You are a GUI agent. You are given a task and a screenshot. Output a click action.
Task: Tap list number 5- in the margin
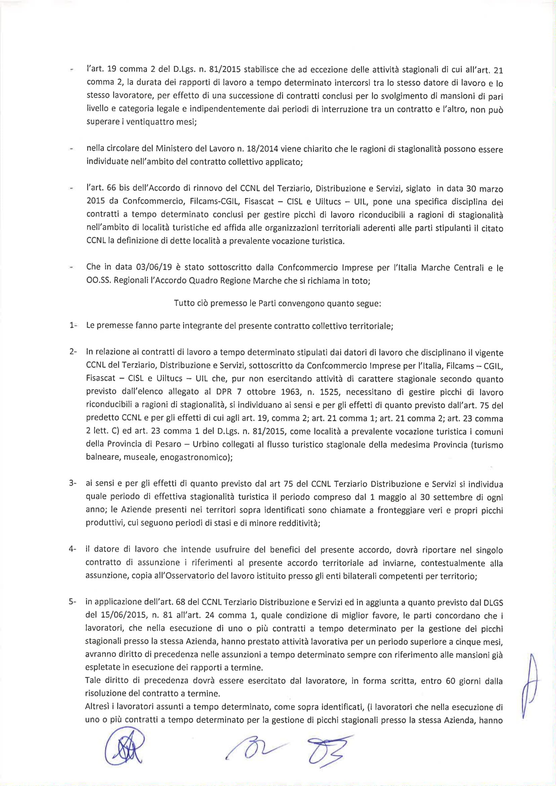73,601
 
